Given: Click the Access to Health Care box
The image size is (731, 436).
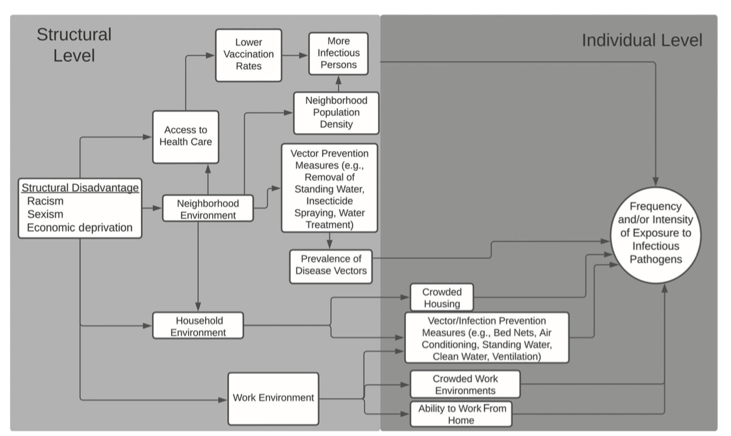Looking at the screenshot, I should pyautogui.click(x=185, y=137).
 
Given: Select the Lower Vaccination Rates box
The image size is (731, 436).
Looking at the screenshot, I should pyautogui.click(x=248, y=54).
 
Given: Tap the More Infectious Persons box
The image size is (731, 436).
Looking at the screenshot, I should pyautogui.click(x=339, y=53).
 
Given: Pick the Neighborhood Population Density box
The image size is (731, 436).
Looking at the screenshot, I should pyautogui.click(x=336, y=112).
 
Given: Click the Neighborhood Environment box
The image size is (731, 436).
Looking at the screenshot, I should pyautogui.click(x=208, y=209).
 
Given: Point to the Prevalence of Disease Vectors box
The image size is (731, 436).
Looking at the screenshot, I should pyautogui.click(x=331, y=265).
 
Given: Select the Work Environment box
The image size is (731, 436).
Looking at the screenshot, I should pyautogui.click(x=273, y=398).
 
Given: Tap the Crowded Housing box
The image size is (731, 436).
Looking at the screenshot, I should pyautogui.click(x=441, y=298).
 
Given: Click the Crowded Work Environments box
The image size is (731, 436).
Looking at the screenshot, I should pyautogui.click(x=465, y=384).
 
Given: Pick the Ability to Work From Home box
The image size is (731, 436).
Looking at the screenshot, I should pyautogui.click(x=461, y=414).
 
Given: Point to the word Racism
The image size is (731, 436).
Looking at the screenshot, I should pyautogui.click(x=45, y=202).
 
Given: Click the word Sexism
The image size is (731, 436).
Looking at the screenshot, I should pyautogui.click(x=45, y=214).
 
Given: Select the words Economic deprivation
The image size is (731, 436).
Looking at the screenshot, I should pyautogui.click(x=80, y=227).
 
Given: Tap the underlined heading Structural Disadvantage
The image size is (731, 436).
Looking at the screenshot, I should pyautogui.click(x=80, y=188).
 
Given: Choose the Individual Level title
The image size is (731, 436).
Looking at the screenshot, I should pyautogui.click(x=641, y=40).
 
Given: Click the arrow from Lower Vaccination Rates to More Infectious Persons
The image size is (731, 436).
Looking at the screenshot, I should pyautogui.click(x=295, y=55).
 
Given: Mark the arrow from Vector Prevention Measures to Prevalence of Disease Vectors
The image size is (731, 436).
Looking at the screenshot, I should pyautogui.click(x=330, y=241).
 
